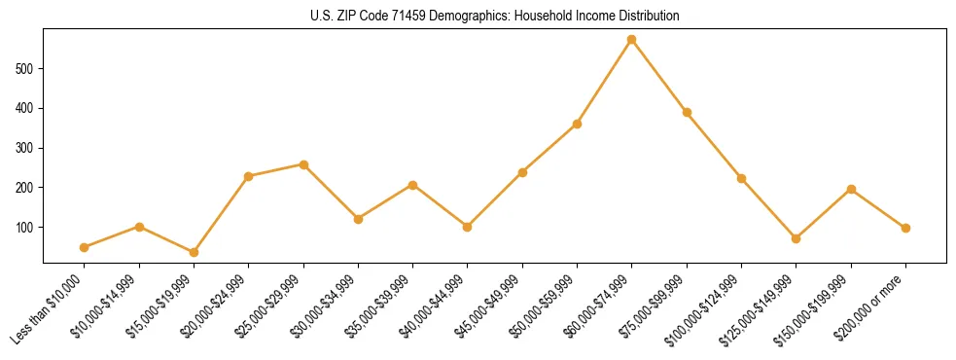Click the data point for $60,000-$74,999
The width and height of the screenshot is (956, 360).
(632, 40)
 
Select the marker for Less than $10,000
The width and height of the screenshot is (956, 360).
(85, 247)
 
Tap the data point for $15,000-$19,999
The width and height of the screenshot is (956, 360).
(195, 252)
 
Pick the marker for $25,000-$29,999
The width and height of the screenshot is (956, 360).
(303, 164)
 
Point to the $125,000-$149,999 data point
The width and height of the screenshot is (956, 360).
(797, 238)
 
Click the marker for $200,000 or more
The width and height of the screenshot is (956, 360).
(906, 228)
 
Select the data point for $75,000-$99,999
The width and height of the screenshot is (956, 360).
(687, 113)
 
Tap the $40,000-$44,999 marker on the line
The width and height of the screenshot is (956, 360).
(468, 227)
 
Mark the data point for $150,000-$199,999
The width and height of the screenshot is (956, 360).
(851, 189)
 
